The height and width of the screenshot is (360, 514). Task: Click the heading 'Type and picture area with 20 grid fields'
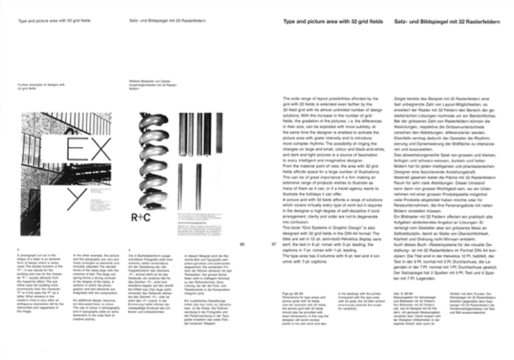click(x=54, y=21)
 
